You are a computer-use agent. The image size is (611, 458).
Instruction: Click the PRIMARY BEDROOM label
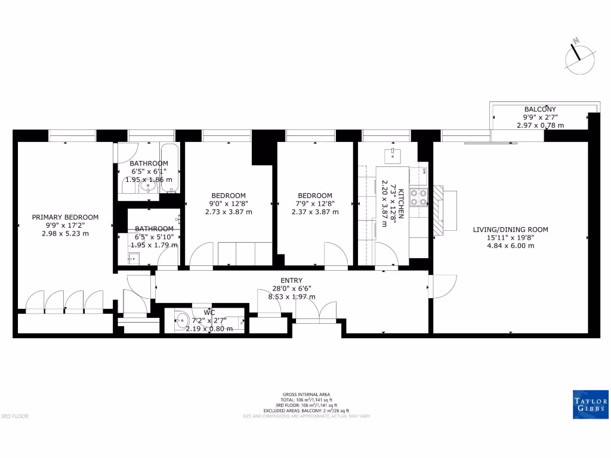[x=65, y=218]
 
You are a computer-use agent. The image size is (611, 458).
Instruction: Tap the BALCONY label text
[x=539, y=109]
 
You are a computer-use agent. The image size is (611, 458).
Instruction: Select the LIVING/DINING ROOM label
[x=510, y=230]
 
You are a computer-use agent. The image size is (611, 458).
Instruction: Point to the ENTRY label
[x=291, y=281]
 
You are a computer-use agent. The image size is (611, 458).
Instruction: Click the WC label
[x=209, y=312]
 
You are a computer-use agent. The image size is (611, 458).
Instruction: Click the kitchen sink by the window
[x=394, y=156]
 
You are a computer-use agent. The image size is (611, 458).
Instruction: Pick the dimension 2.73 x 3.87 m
[x=229, y=212]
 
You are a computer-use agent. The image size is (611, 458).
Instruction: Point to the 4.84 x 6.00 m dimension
[x=510, y=245]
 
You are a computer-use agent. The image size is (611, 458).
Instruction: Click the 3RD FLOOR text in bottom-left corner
[x=15, y=416]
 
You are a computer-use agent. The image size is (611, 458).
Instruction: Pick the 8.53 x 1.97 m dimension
[x=291, y=296]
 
